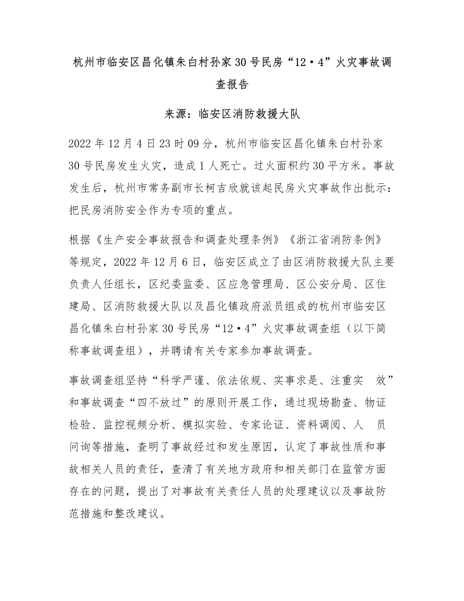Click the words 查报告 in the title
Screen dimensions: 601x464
[232, 85]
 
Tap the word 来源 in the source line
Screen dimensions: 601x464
[178, 113]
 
